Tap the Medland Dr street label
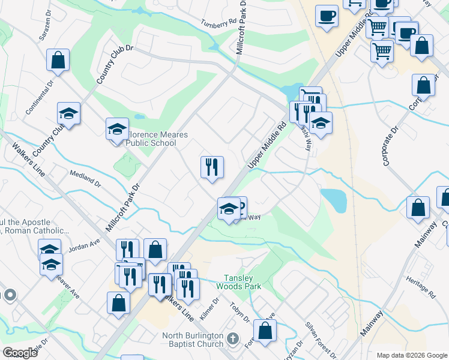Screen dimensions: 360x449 85,178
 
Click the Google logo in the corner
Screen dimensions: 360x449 20,352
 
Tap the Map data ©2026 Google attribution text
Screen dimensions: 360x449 411,355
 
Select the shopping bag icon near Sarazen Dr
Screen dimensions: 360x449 58,60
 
